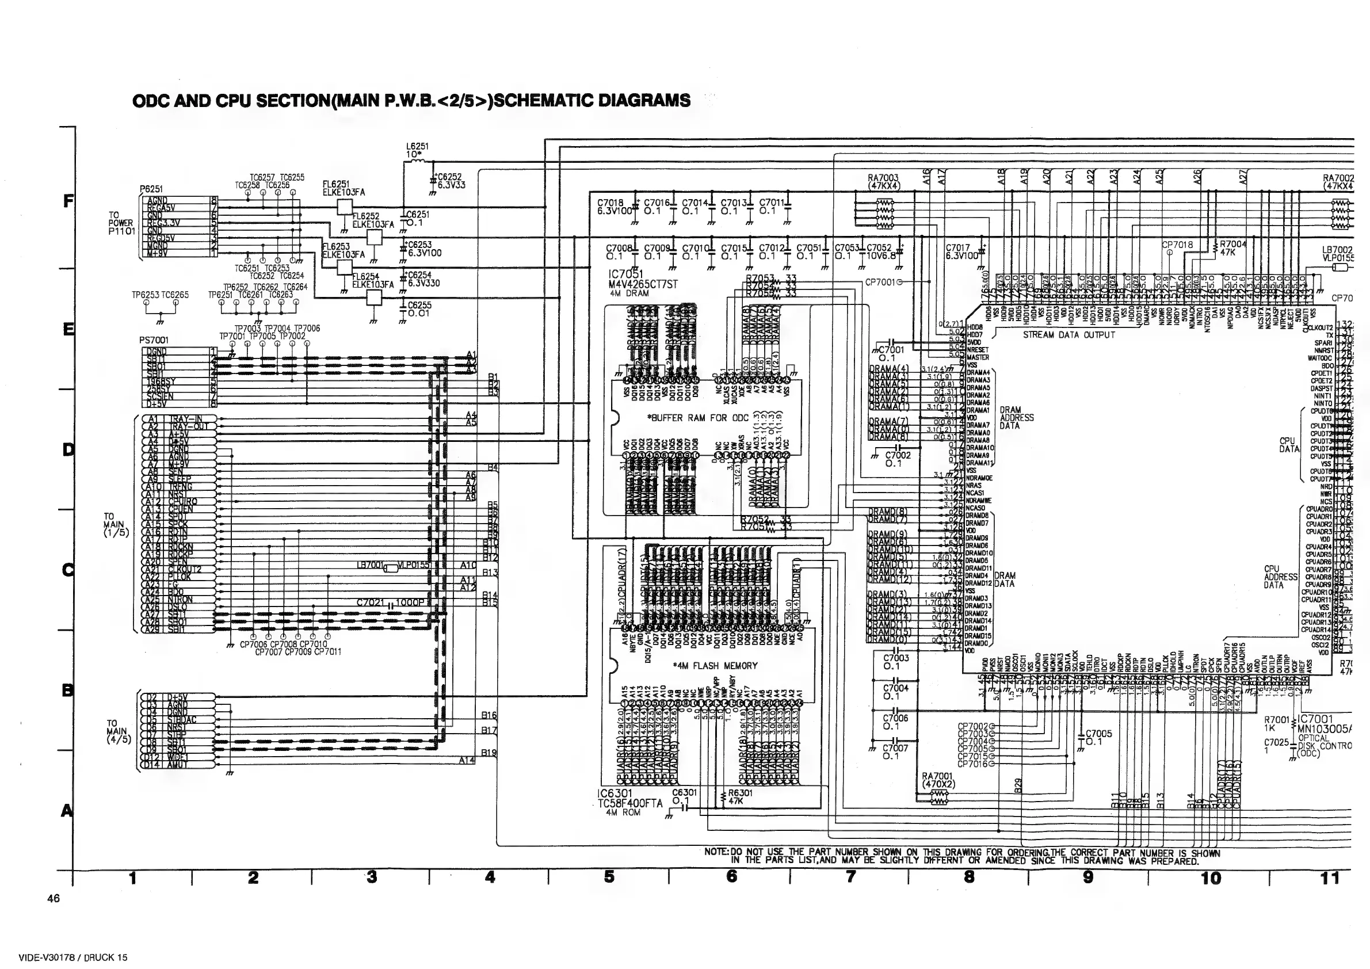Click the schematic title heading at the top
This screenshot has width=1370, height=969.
click(411, 100)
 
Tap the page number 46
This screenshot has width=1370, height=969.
click(54, 898)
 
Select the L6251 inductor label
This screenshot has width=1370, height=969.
click(417, 146)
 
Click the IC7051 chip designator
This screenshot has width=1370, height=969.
click(625, 274)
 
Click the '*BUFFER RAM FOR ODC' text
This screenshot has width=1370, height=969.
click(698, 418)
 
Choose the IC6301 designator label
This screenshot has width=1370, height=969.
click(614, 793)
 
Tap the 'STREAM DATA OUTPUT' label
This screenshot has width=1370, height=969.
click(1068, 335)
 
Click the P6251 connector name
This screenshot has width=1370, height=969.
click(151, 189)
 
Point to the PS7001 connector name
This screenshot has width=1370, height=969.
click(154, 340)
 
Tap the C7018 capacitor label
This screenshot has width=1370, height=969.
click(610, 204)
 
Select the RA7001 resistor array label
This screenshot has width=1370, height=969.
click(938, 776)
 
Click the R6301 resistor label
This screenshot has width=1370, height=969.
click(740, 793)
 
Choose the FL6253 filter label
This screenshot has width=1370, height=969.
click(336, 246)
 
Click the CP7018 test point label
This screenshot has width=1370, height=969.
click(1177, 245)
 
